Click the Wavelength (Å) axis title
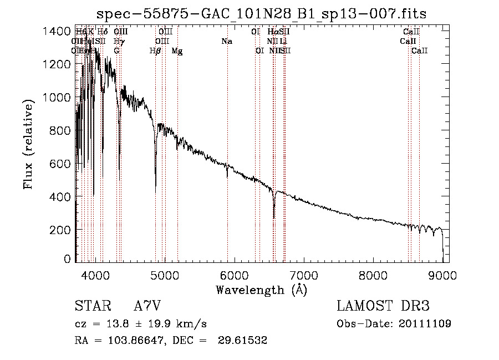point(261,290)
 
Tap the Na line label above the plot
point(226,42)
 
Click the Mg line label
point(177,51)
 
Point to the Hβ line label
point(155,51)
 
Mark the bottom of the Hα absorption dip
point(274,217)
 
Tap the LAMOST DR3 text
point(383,306)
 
